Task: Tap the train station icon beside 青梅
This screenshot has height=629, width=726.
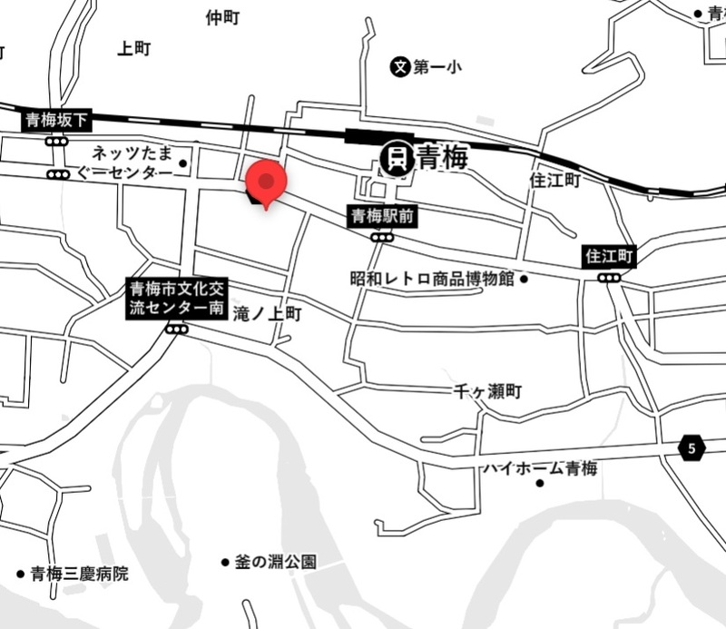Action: (397, 159)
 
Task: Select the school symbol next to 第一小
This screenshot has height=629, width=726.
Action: (399, 65)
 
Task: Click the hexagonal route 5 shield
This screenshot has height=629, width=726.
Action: (692, 447)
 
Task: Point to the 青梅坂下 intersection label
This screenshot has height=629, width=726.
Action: (57, 120)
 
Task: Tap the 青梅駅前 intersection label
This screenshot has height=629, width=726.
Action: (382, 216)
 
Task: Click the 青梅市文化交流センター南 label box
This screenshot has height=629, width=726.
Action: (176, 299)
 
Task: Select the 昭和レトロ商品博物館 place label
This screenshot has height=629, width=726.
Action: (432, 279)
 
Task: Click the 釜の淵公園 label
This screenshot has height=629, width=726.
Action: (275, 563)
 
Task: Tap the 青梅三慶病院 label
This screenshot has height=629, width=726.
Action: (79, 574)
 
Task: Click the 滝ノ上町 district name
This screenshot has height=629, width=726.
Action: (267, 314)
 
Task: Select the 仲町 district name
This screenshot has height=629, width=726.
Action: (222, 17)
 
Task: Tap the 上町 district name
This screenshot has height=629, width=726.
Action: (133, 49)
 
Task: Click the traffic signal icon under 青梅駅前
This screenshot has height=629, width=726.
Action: (381, 237)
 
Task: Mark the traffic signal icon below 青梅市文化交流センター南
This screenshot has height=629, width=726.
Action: (177, 329)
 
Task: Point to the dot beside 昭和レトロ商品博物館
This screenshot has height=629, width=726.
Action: (524, 279)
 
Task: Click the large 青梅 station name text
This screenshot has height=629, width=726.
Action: (442, 158)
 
